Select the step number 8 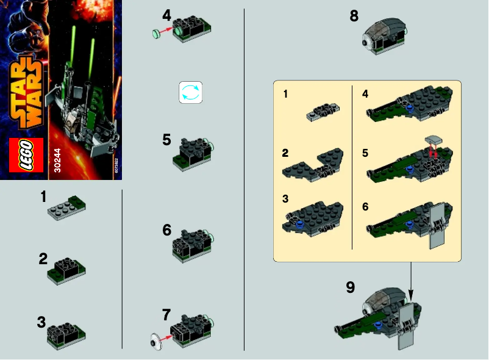coord(354,16)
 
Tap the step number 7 coord(166,315)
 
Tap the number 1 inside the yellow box coord(287,95)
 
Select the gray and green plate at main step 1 coord(66,207)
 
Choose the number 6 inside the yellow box coord(365,207)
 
